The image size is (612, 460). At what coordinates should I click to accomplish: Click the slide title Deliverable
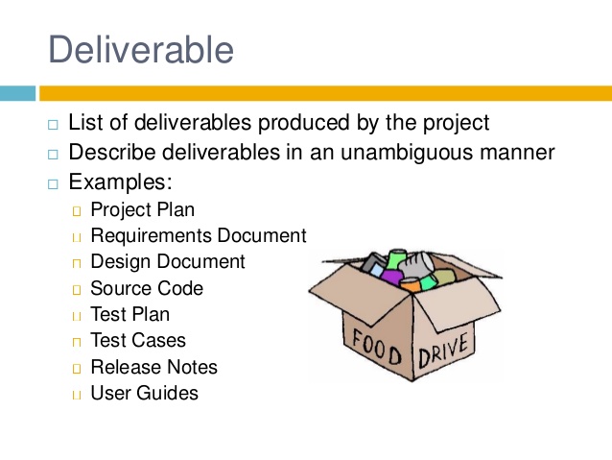[141, 49]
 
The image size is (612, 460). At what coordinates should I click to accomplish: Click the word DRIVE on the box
[443, 351]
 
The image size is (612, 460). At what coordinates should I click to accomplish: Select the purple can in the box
[391, 277]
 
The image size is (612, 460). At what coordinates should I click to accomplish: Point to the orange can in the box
[410, 285]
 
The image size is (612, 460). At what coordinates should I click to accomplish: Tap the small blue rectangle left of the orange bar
[17, 93]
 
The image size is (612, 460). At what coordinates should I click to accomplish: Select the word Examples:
[120, 182]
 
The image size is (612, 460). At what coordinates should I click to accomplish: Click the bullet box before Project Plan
[77, 211]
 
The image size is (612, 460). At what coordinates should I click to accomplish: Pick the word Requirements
[151, 236]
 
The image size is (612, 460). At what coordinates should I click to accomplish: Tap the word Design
[121, 262]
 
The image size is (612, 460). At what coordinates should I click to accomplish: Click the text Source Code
[147, 288]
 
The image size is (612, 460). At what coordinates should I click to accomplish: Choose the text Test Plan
[129, 314]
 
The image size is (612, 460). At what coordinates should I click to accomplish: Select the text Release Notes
[153, 367]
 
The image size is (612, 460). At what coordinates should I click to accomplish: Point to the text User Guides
[145, 393]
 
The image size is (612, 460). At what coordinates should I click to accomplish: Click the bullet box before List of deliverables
[53, 125]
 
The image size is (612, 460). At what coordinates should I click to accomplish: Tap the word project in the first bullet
[456, 123]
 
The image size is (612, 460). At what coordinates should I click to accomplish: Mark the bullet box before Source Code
[77, 290]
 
